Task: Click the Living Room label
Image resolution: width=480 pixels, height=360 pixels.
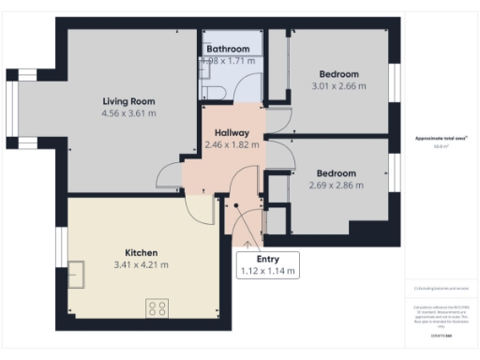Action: pos(128,101)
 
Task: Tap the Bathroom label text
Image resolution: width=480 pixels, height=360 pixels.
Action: pos(229,49)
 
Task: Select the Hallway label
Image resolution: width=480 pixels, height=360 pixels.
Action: pos(231,133)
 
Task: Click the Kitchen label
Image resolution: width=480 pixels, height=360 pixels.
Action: pos(141,252)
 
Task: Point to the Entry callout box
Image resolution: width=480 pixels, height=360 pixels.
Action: pos(269,264)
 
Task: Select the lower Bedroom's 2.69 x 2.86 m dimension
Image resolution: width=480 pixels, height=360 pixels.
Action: pos(335,186)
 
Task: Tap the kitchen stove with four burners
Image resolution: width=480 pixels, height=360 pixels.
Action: pos(157,308)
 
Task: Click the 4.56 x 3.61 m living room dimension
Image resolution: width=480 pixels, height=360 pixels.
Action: pos(128,113)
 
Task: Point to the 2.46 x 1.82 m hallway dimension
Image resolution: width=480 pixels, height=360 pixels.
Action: pos(231,145)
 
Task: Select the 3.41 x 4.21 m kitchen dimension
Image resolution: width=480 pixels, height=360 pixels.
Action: pos(141,264)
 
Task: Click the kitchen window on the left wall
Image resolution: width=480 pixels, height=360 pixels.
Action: pos(60,246)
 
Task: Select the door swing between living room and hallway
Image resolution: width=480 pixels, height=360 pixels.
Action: pos(171,176)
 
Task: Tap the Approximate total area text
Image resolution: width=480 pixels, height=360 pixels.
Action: pos(441,139)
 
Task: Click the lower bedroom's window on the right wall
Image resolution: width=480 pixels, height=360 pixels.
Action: pos(395,169)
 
